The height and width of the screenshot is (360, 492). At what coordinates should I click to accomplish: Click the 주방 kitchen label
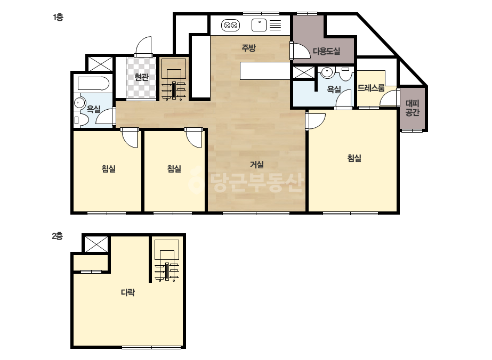[248, 48]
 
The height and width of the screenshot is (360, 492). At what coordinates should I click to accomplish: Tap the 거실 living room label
[257, 165]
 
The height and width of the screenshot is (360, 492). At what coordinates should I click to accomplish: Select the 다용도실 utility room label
[326, 51]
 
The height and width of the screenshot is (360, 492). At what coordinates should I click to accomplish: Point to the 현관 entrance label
[141, 77]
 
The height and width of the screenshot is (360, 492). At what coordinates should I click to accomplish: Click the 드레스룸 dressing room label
[371, 88]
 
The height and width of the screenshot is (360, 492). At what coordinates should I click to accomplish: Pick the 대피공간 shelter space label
[412, 108]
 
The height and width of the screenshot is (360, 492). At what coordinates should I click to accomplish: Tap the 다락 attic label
[128, 292]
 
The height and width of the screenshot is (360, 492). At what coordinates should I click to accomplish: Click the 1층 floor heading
[58, 17]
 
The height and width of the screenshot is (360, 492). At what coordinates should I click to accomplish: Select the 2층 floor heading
[58, 236]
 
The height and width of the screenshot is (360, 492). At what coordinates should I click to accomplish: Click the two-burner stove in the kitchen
[231, 26]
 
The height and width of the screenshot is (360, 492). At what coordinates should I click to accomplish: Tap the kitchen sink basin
[259, 25]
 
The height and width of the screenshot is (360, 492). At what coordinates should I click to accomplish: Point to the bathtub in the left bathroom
[93, 84]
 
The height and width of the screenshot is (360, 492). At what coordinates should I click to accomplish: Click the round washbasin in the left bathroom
[80, 103]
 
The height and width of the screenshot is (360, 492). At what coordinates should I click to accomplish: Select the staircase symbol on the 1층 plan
[174, 79]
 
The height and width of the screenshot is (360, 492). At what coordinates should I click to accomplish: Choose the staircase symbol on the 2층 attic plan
[167, 260]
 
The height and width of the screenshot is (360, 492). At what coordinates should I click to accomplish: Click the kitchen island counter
[265, 70]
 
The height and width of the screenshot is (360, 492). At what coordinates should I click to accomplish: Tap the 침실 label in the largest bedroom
[354, 158]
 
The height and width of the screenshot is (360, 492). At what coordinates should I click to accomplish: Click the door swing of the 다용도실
[300, 50]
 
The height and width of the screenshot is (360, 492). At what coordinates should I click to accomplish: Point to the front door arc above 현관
[143, 46]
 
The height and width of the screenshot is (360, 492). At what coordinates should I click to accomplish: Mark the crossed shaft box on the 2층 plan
[96, 244]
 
